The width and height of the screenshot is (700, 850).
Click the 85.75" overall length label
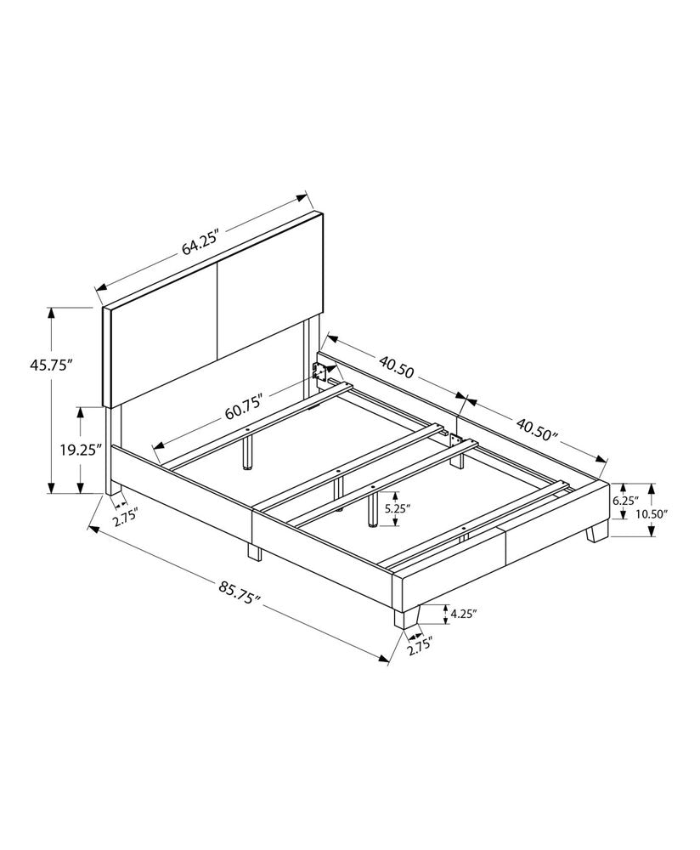tap(238, 593)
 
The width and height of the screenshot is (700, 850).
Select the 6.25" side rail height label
tap(624, 501)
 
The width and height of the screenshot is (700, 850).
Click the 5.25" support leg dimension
tap(398, 509)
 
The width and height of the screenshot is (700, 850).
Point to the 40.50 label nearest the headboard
tap(397, 366)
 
